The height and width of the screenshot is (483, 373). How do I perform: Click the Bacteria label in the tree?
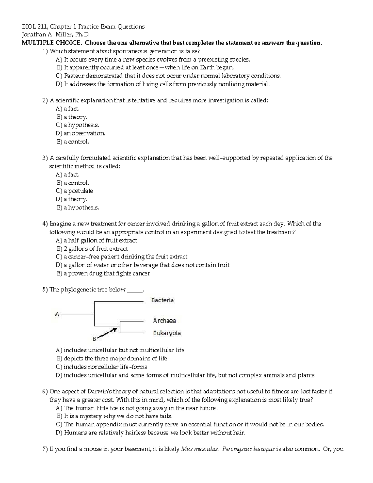tap(162, 300)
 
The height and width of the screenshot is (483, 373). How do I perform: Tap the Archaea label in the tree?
tap(164, 321)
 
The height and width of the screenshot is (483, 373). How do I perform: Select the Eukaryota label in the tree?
tap(167, 333)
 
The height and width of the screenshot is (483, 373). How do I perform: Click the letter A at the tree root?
tap(57, 314)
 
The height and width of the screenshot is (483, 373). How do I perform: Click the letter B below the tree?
tap(94, 338)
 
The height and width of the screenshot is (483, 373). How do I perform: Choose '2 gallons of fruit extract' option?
tap(95, 248)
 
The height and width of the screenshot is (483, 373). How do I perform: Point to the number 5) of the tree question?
tap(45, 290)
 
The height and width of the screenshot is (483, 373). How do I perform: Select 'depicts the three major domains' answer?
tap(115, 359)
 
